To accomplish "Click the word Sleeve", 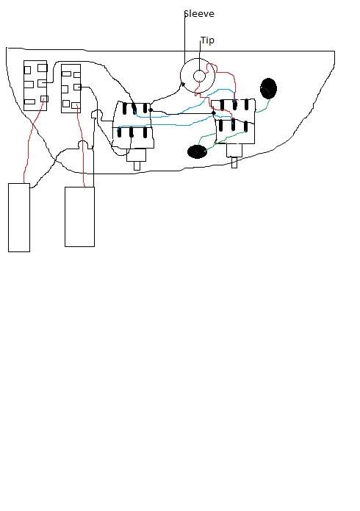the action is click(199, 14).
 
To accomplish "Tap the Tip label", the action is click(207, 40).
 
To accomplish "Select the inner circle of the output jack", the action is click(199, 76).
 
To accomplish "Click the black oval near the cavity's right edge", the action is click(268, 88).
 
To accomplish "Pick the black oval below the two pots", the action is click(197, 151).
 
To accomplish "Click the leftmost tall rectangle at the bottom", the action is click(19, 218).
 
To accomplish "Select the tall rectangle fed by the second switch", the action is click(79, 217).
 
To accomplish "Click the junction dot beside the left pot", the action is click(150, 110).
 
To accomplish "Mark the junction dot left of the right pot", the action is click(214, 113).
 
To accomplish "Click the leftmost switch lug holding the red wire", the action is click(44, 99).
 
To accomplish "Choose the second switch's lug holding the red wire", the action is click(76, 105).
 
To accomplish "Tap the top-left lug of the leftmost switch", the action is click(27, 70).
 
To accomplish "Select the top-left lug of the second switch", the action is click(66, 74).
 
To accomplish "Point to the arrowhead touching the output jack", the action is click(183, 85).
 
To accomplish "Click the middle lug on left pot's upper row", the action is click(134, 108).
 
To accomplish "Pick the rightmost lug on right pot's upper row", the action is click(246, 104).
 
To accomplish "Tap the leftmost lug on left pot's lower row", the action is click(120, 132).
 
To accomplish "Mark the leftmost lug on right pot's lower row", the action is click(221, 126).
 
